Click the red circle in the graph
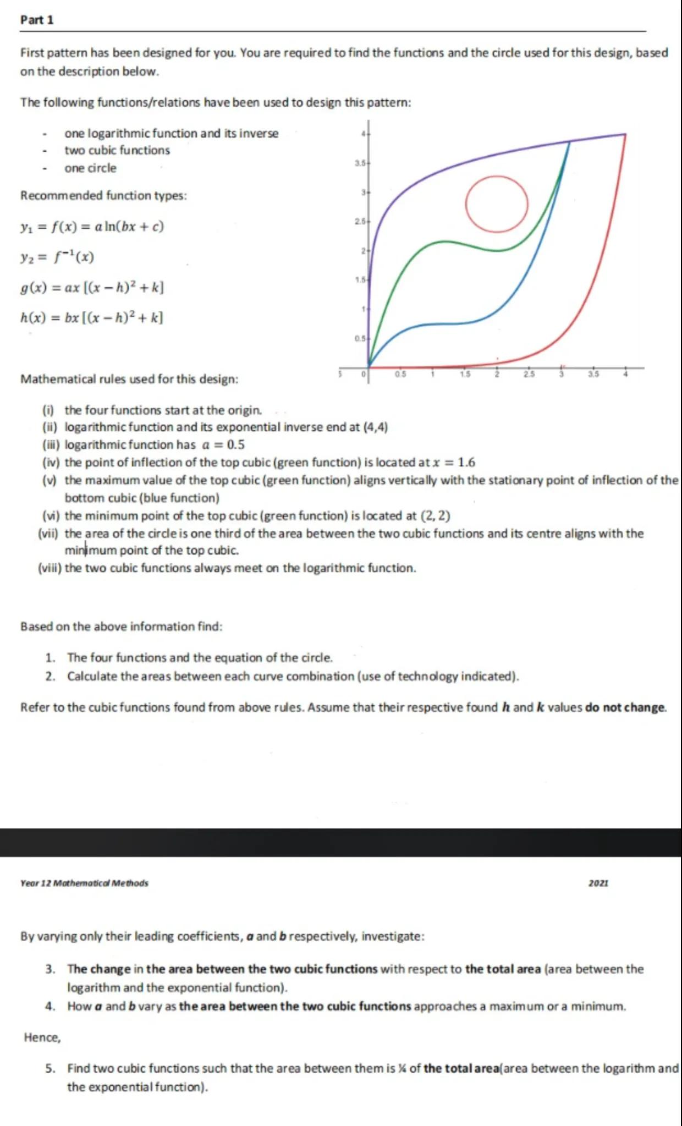(x=497, y=204)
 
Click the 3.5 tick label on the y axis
(x=360, y=163)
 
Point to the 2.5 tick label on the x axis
(x=529, y=374)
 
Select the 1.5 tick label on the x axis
(x=465, y=374)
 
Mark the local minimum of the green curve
(x=497, y=250)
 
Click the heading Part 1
(x=37, y=20)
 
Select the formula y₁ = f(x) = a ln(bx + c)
(x=92, y=227)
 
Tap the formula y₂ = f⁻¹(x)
(x=57, y=257)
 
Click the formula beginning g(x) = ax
(x=92, y=287)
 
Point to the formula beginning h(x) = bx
(x=91, y=317)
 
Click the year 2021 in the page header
(x=598, y=883)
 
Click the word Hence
(x=42, y=1037)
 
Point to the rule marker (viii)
(x=49, y=568)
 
